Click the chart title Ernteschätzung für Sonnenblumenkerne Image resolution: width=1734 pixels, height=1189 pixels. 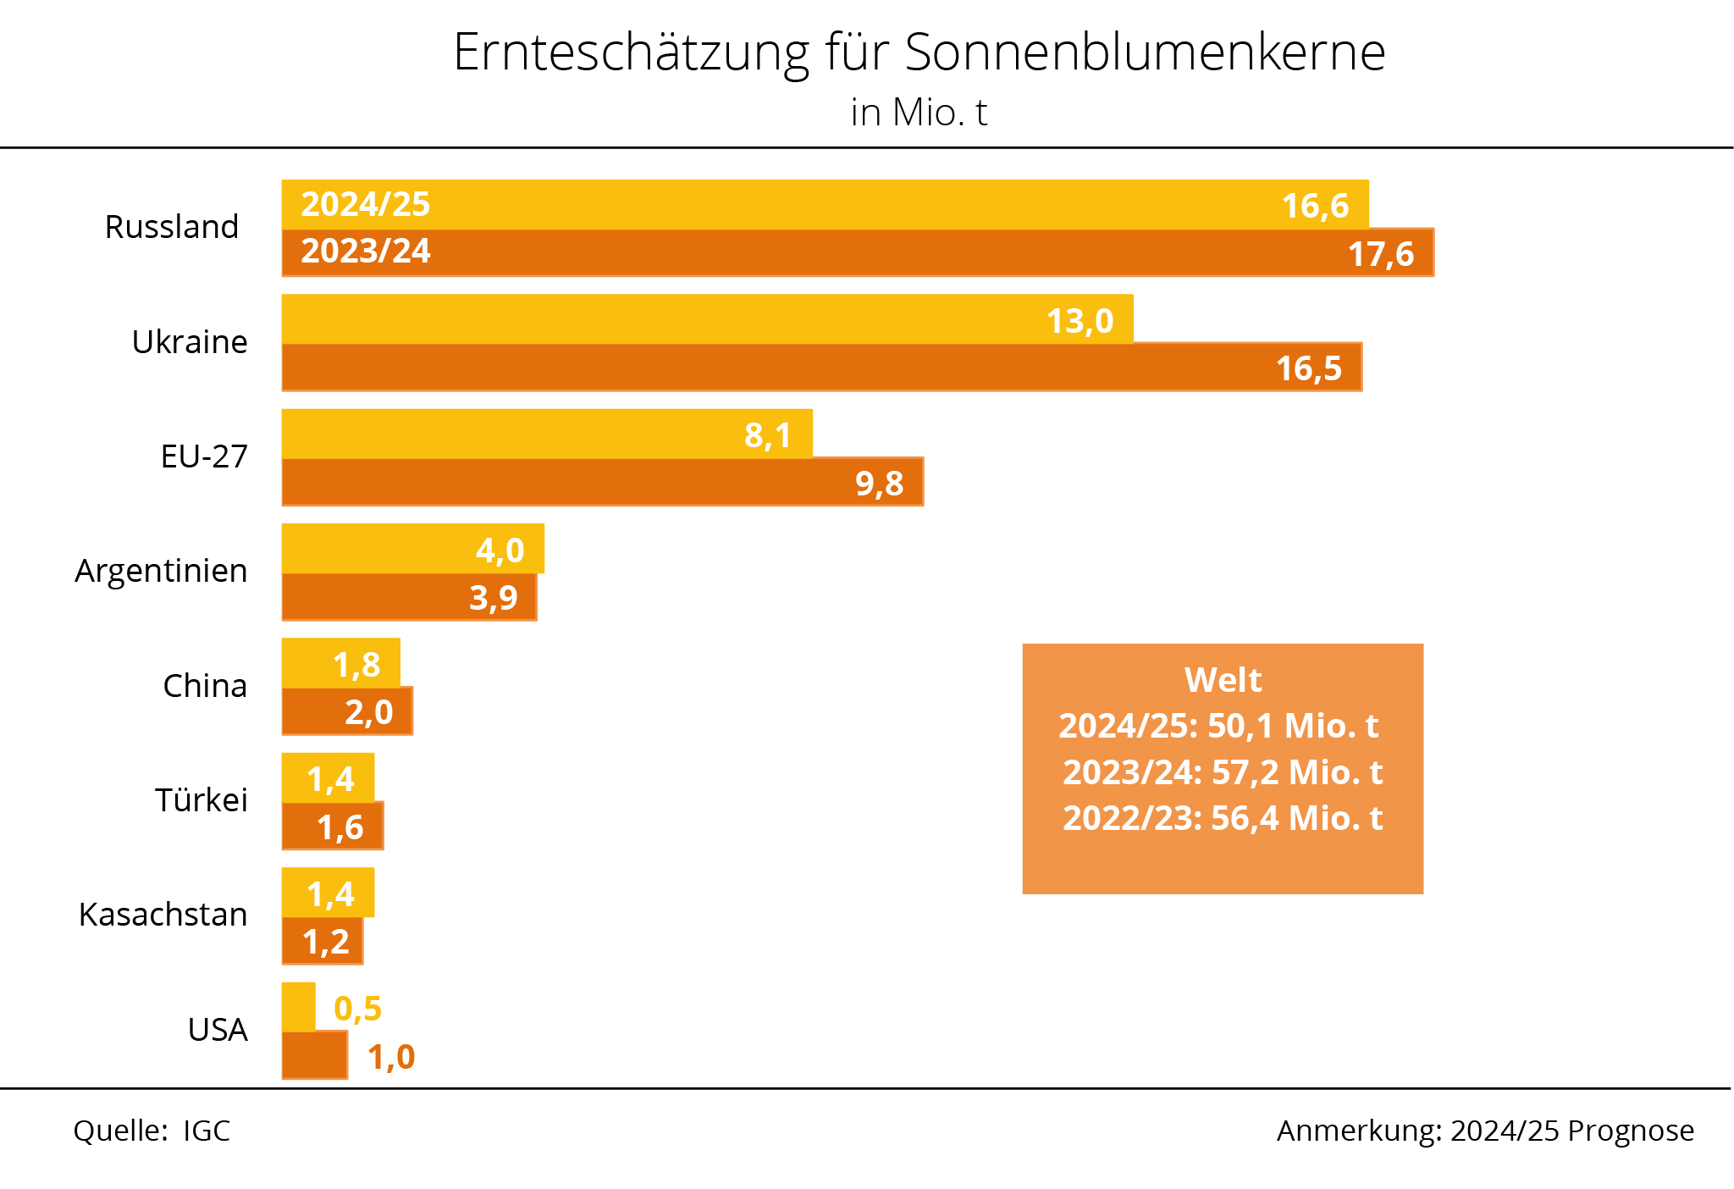coord(919,53)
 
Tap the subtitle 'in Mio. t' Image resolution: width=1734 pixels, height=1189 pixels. coord(919,113)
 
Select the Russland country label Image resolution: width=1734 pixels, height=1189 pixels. coord(172,227)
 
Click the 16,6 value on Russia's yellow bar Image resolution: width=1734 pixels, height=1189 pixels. coord(1314,206)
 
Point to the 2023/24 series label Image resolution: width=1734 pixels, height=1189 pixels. coord(366,252)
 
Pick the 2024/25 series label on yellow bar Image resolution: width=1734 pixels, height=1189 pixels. coord(366,205)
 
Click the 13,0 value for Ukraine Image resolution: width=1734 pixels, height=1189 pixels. coord(1080,321)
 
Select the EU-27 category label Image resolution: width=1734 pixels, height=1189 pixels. coord(204,456)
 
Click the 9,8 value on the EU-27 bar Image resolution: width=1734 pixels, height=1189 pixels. coord(879,484)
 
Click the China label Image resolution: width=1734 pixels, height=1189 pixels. coord(205,686)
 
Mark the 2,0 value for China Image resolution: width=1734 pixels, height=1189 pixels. coord(368,712)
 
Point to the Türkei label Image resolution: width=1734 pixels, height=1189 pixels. coord(202,800)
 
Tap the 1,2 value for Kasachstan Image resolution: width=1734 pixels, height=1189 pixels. coord(326,942)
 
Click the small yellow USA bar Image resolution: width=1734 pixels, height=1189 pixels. coord(298,1007)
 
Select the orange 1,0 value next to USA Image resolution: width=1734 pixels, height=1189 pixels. coord(391,1057)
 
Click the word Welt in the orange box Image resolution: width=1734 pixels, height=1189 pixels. coord(1223,680)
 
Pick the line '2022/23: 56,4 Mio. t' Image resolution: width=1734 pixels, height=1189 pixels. coord(1223,818)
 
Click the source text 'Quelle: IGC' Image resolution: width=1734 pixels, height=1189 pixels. coord(152,1131)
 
